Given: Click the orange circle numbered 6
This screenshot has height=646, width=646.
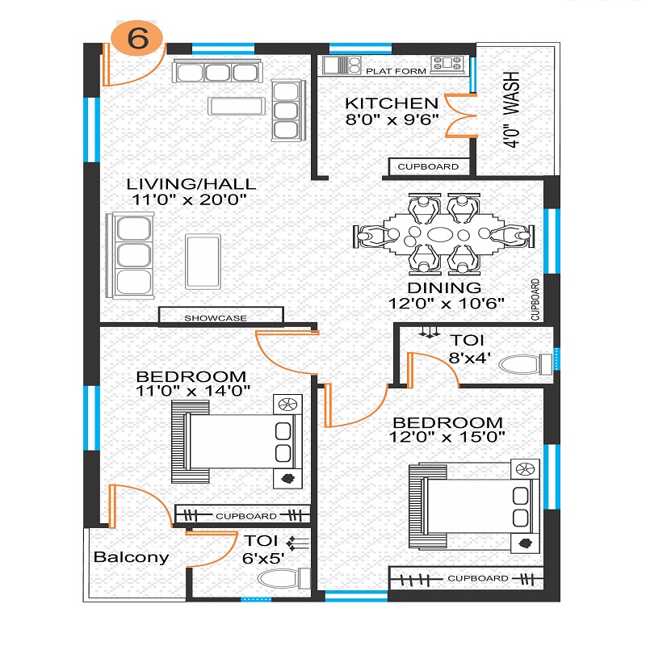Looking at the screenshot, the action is click(x=137, y=38).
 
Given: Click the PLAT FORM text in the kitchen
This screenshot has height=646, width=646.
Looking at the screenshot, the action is click(x=396, y=71).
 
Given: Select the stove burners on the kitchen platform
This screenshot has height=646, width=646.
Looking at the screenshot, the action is click(x=447, y=65).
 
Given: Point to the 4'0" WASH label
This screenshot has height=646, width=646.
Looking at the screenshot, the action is click(x=511, y=109).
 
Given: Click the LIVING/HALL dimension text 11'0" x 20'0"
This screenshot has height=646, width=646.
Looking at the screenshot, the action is click(x=189, y=199).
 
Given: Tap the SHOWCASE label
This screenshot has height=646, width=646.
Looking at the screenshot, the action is click(x=216, y=318).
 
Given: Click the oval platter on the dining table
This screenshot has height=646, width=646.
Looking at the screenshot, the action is click(x=440, y=234).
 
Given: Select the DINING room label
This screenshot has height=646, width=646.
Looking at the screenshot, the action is click(x=444, y=287).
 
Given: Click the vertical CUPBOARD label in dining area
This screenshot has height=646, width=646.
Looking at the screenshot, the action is click(x=535, y=300).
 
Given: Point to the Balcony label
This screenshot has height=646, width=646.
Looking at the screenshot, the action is click(x=132, y=557).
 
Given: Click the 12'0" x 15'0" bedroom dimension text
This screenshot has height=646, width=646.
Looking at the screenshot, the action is click(x=447, y=437).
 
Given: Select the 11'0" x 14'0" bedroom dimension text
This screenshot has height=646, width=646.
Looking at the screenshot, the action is click(x=193, y=391).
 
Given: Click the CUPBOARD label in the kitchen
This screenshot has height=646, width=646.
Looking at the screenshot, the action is click(x=428, y=166).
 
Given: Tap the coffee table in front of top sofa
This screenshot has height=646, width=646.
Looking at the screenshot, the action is click(x=237, y=106).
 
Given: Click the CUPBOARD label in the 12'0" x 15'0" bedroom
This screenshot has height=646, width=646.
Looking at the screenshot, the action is click(x=478, y=578).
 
